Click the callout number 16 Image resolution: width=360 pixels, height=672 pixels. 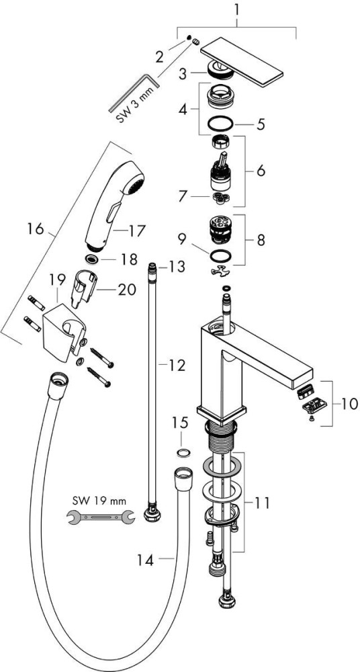click(x=36, y=229)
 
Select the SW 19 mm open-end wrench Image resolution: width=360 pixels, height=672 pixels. click(x=101, y=517)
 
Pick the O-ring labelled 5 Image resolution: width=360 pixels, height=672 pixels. click(x=220, y=124)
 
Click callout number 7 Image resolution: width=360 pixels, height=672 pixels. click(x=183, y=197)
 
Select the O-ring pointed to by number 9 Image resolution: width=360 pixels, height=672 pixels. click(x=220, y=256)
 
